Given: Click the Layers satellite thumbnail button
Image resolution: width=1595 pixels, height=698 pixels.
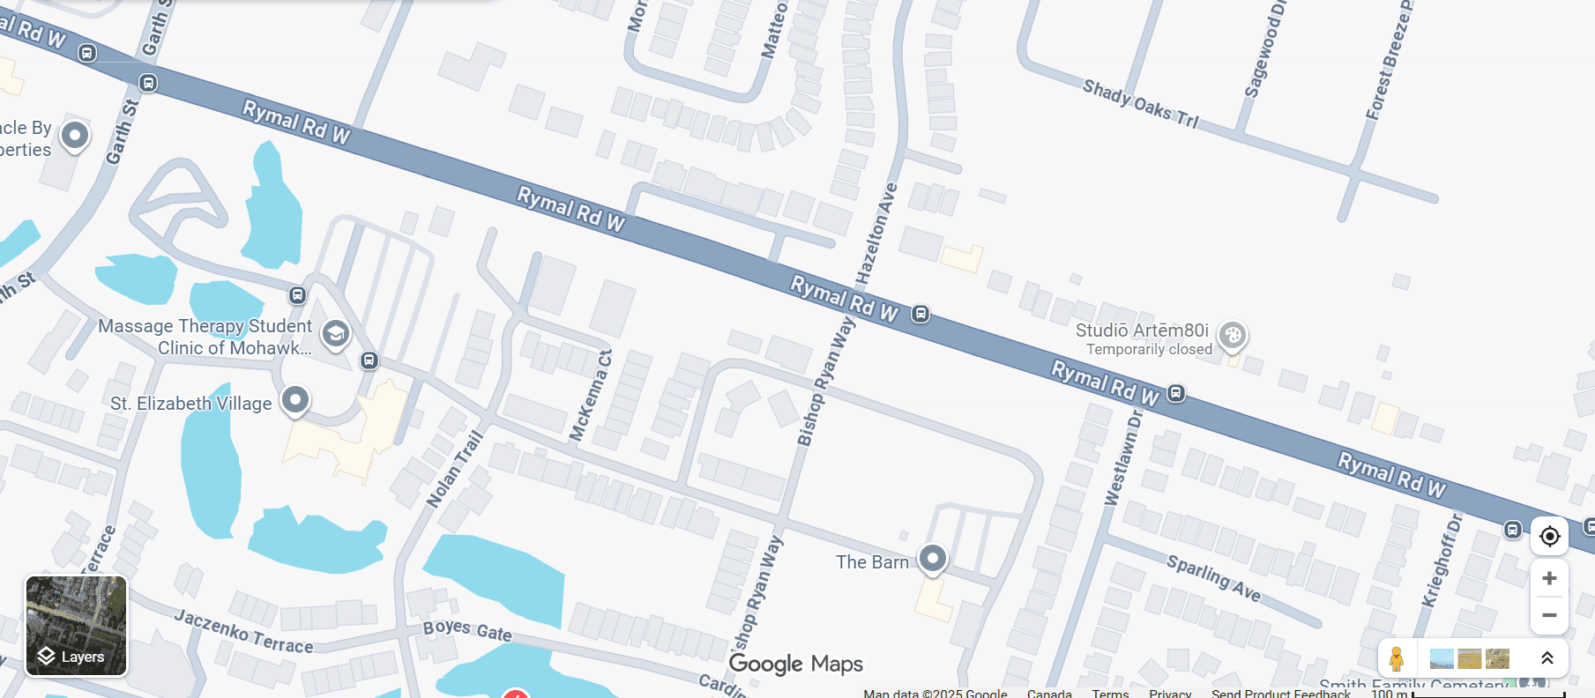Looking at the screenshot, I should pos(76,626).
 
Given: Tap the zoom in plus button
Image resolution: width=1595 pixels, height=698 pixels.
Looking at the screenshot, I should pos(1549,578).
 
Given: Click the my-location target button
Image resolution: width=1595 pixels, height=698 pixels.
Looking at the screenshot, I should pos(1549,536).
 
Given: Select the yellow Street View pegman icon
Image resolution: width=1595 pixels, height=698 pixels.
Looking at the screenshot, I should pos(1397,658).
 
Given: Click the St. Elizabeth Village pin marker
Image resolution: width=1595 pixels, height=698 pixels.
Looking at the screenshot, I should pos(295,400).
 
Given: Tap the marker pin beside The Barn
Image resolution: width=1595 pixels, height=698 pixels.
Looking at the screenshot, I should pos(933,558).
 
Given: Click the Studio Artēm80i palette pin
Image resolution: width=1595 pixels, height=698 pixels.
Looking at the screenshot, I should pos(1233,335).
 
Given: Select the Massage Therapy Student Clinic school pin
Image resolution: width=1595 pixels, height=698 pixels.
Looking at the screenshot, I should pos(335,334).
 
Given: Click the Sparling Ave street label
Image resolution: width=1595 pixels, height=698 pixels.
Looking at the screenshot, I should pos(1213,577).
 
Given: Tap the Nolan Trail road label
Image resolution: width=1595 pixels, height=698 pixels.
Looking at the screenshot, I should pos(455,469).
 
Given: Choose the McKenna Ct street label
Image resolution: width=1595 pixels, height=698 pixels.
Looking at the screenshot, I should pos(590,395).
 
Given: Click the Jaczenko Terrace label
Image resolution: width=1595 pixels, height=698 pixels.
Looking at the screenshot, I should pos(243,631).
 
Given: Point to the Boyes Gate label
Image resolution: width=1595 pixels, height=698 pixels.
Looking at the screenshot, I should pos(467,629).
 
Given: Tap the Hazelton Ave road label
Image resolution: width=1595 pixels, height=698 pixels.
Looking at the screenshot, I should pos(876,234).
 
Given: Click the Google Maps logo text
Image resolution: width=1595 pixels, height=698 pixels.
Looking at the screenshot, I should pos(795,664).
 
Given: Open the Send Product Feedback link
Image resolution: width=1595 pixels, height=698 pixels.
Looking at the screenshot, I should pos(1280,694).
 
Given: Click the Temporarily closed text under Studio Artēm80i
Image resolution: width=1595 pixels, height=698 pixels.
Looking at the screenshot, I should pos(1149,350).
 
